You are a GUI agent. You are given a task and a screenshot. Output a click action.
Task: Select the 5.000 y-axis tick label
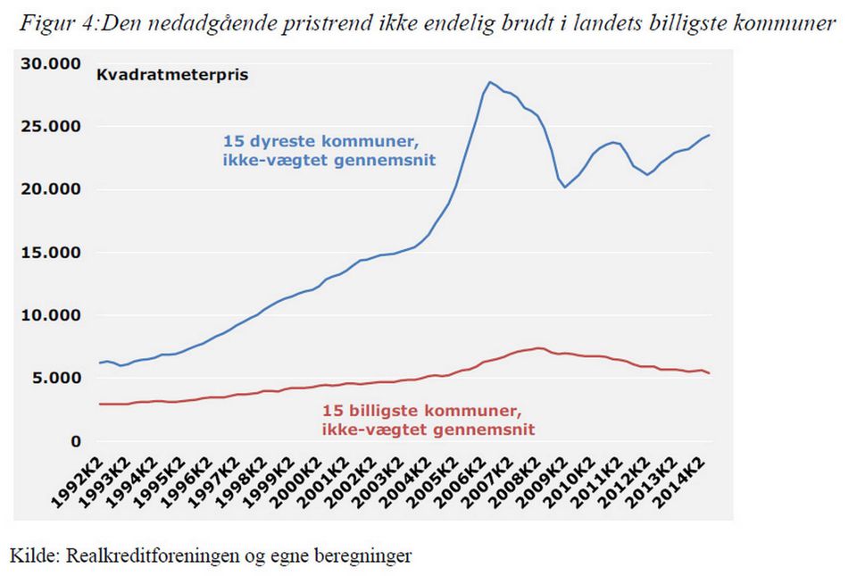pyautogui.click(x=52, y=379)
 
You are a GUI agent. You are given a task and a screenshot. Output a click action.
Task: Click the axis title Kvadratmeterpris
pyautogui.click(x=172, y=75)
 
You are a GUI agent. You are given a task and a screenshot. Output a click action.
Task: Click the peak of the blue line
pyautogui.click(x=489, y=82)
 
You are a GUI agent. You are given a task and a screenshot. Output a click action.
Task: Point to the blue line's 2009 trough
pyautogui.click(x=564, y=187)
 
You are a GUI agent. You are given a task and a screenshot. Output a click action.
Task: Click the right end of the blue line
pyautogui.click(x=709, y=135)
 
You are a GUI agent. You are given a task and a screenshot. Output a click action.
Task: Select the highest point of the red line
pyautogui.click(x=538, y=348)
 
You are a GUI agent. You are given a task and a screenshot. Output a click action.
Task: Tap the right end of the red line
pyautogui.click(x=709, y=373)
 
